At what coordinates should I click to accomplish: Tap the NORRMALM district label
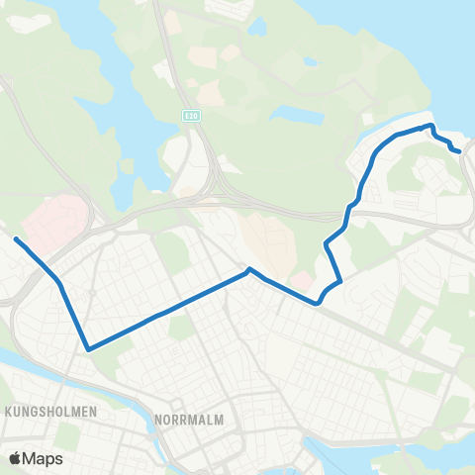pos(189,420)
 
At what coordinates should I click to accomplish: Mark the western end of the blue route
pos(16,238)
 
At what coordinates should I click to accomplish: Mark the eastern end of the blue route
pos(459,151)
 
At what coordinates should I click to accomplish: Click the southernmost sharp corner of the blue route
pos(88,348)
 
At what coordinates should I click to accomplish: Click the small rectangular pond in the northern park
pos(296,115)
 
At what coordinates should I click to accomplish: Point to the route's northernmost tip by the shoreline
pos(430,126)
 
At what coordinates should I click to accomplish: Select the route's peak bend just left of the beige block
pos(249,269)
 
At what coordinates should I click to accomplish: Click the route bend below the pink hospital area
pos(60,284)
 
